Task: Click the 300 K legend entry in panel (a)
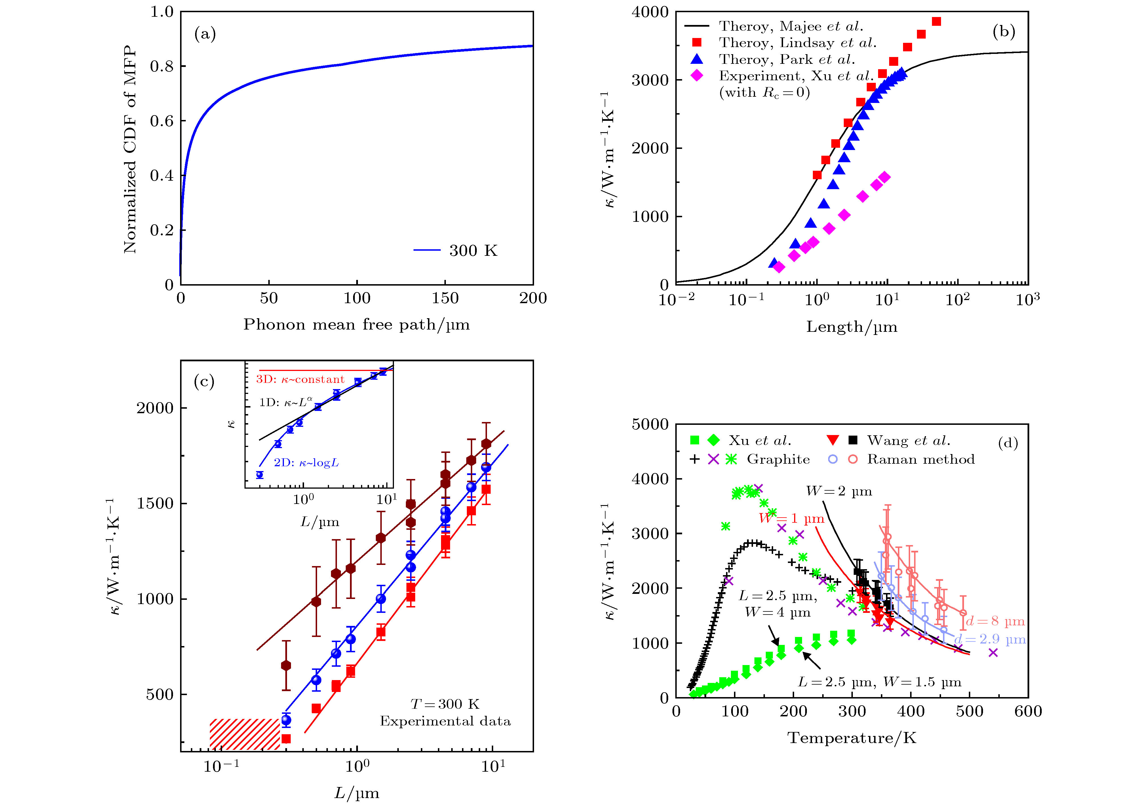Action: point(473,250)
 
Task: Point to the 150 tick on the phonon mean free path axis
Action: point(445,298)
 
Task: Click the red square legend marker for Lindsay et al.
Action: point(697,43)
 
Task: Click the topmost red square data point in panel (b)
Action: point(936,21)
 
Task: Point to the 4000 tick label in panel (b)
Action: point(650,12)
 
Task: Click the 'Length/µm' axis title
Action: point(852,327)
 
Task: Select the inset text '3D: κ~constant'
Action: point(300,379)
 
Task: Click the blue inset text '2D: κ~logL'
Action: point(306,463)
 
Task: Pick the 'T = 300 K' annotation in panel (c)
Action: point(445,704)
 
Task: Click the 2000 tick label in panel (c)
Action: point(155,408)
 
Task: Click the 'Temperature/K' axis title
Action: point(852,738)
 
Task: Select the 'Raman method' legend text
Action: point(921,459)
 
